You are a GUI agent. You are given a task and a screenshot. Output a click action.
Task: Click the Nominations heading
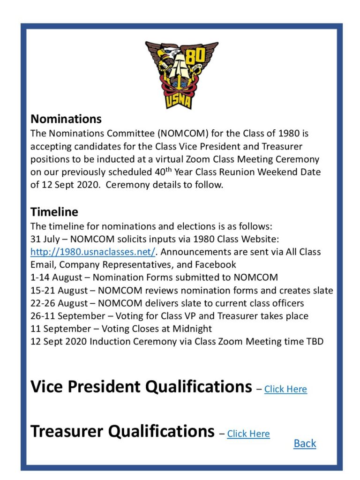pos(66,119)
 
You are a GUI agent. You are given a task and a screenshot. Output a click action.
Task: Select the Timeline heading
pos(54,212)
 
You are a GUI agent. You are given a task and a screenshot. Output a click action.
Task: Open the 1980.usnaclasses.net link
pos(93,252)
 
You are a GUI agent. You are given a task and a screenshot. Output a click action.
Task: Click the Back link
pos(305,443)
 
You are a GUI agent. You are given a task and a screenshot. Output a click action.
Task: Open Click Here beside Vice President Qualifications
pos(285,389)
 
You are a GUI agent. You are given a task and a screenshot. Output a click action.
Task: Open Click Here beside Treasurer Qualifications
pos(248,434)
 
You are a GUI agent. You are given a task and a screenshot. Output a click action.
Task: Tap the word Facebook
pos(213,264)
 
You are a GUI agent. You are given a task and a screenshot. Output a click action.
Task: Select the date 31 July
pos(45,239)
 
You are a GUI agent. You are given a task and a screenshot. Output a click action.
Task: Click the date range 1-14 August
pos(53,277)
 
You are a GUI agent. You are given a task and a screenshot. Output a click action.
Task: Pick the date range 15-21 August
pos(57,290)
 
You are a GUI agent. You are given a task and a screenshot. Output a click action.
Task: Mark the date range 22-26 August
pos(57,303)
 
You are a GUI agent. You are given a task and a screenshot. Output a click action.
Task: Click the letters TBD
pos(314,341)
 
